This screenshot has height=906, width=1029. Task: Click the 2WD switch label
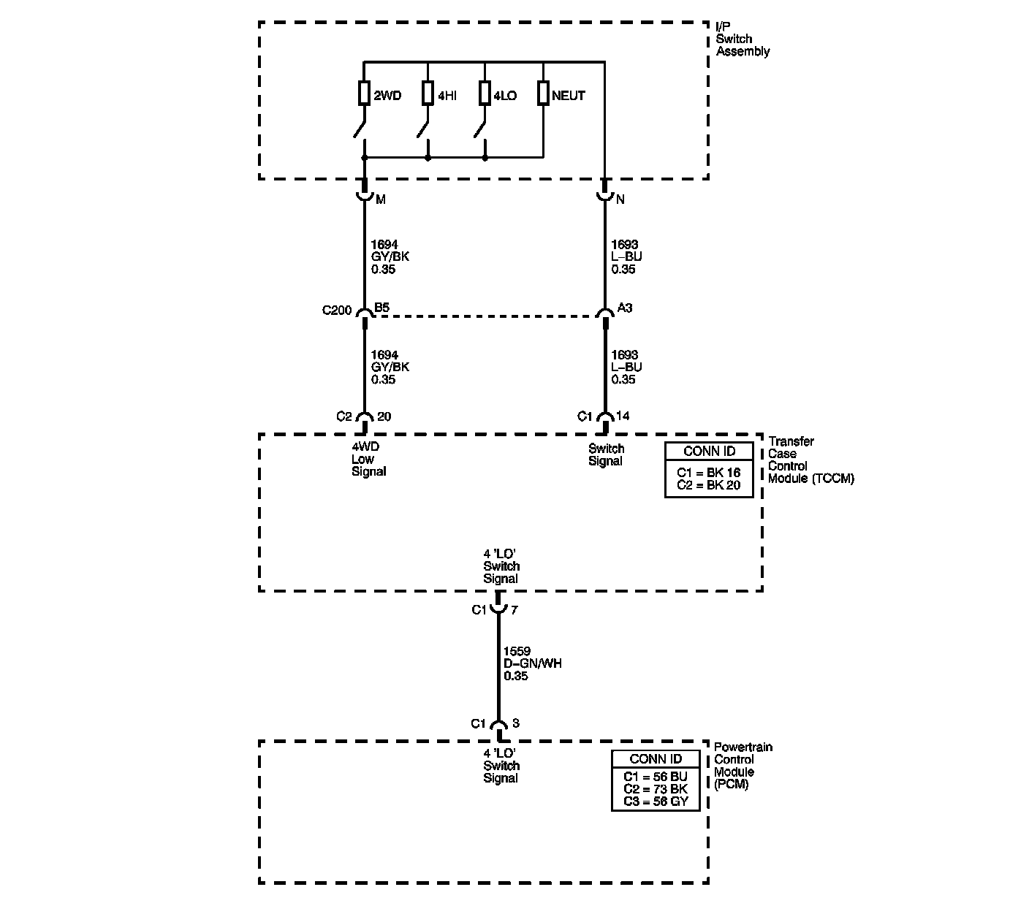(x=387, y=96)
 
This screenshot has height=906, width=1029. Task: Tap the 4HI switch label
(x=447, y=96)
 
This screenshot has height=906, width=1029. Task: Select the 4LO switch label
(x=505, y=96)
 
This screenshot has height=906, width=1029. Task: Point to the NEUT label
(x=569, y=96)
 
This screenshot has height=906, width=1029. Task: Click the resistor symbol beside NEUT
(x=543, y=94)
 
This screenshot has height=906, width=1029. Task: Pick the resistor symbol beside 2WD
(x=364, y=94)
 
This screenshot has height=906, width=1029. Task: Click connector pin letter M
(x=380, y=199)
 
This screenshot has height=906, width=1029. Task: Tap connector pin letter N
(x=620, y=199)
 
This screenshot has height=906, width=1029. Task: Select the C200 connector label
(x=337, y=310)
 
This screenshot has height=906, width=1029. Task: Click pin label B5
(x=381, y=308)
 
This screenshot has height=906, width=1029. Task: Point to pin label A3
(x=625, y=308)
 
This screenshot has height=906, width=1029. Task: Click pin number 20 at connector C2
(x=384, y=417)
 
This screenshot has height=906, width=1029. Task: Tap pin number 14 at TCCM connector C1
(x=623, y=416)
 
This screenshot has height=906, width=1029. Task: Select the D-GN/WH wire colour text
(x=533, y=663)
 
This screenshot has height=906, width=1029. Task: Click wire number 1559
(x=517, y=651)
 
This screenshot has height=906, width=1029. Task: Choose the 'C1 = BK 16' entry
(x=708, y=473)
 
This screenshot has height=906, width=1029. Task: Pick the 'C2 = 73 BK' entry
(x=656, y=789)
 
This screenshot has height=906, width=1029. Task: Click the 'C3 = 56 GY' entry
(x=656, y=802)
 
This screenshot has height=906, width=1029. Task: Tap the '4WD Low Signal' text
(x=368, y=459)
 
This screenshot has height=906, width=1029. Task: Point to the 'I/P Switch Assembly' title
(x=743, y=39)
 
